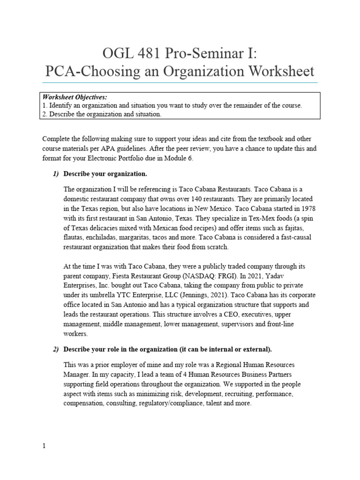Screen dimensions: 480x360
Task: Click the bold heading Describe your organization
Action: pyautogui.click(x=105, y=174)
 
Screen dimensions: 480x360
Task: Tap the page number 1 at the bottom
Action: pyautogui.click(x=44, y=446)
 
